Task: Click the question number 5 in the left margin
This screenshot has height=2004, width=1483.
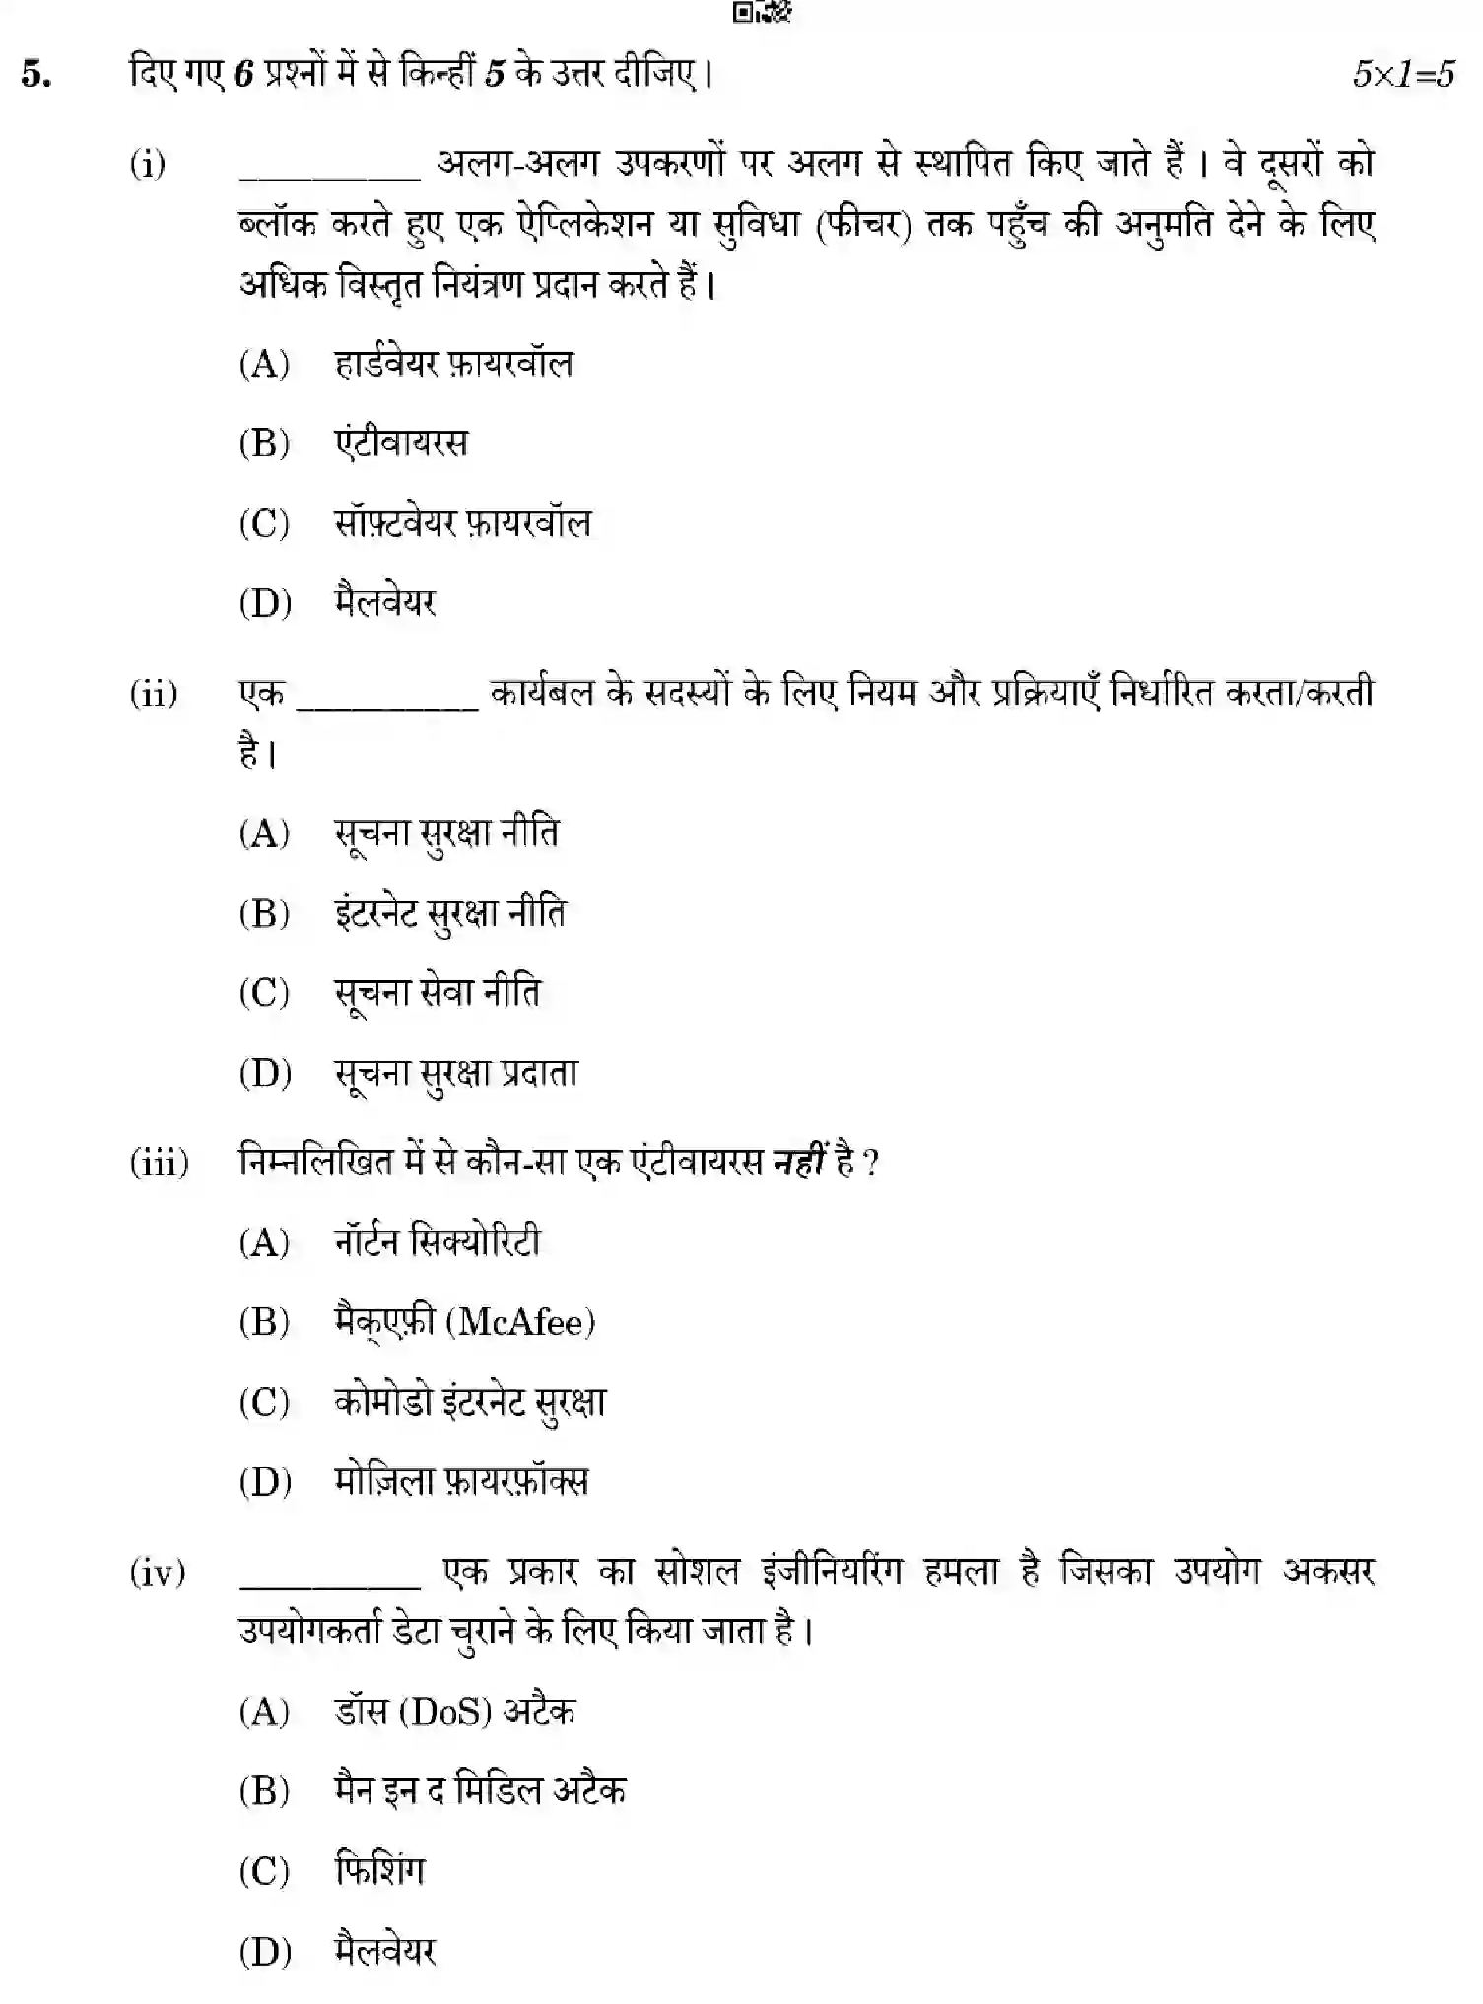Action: coord(36,75)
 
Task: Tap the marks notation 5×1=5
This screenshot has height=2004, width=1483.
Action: coord(1402,75)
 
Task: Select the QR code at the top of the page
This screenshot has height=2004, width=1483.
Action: coord(762,12)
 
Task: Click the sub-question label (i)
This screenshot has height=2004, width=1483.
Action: coord(148,164)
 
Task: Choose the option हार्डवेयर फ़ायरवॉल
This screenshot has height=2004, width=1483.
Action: coord(453,365)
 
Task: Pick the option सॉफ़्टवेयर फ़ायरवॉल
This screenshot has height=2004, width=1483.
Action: coord(462,523)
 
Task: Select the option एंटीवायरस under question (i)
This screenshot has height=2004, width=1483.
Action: coord(401,443)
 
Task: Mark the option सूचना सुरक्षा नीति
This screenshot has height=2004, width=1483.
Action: coord(445,835)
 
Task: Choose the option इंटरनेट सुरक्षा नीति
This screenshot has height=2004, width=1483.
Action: coord(449,914)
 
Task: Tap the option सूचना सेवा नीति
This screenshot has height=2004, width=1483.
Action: coord(438,993)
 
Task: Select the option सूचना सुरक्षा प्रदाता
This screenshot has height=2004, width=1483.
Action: coord(455,1073)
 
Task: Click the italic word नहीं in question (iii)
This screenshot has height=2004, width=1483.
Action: coord(798,1163)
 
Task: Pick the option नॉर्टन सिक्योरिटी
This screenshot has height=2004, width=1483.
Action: coord(438,1242)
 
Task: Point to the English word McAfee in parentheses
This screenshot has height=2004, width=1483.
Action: coord(522,1322)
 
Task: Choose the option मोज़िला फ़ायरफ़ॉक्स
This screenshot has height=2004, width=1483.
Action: coord(461,1482)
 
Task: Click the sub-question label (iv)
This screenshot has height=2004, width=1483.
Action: coord(158,1572)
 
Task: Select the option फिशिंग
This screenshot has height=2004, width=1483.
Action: coord(379,1871)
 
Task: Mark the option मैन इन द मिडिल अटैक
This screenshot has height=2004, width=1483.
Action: coord(480,1791)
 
